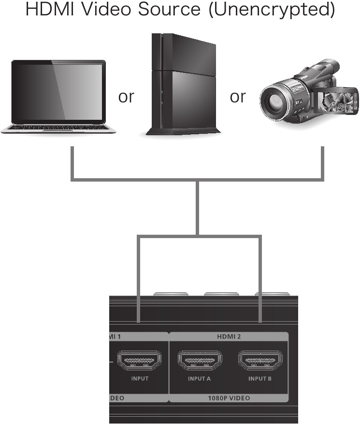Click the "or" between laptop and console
click(126, 97)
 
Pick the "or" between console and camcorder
click(238, 97)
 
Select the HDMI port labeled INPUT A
click(200, 361)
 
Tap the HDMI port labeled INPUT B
click(259, 361)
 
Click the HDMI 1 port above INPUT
click(140, 361)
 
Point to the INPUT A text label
click(200, 379)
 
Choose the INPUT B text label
click(260, 379)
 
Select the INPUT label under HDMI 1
click(140, 379)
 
